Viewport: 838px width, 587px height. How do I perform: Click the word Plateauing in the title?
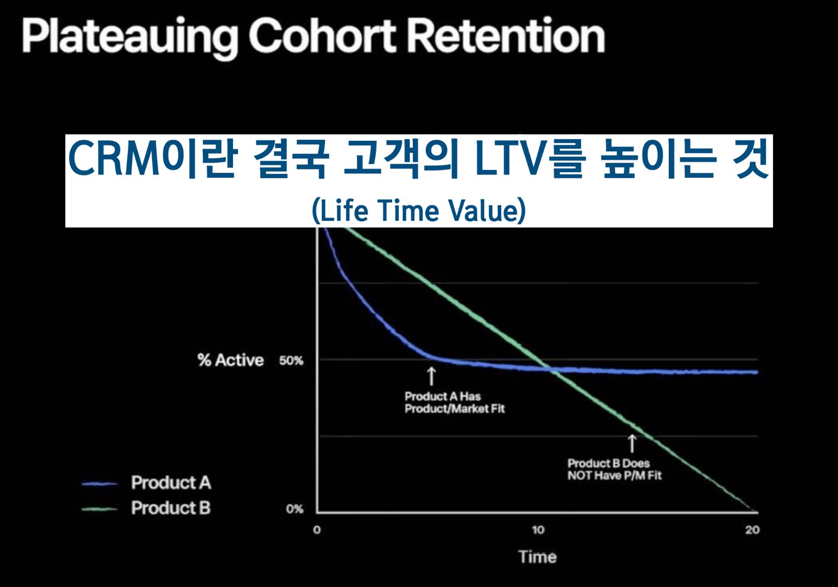click(x=130, y=37)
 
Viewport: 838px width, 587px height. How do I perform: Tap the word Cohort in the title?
click(x=322, y=36)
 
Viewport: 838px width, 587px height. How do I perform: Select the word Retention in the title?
click(x=506, y=36)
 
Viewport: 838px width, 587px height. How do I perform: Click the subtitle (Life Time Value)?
click(x=419, y=211)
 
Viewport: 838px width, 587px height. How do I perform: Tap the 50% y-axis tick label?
click(x=291, y=361)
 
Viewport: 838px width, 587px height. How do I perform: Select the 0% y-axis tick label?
click(x=295, y=509)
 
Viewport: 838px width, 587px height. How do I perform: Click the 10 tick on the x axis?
click(x=538, y=530)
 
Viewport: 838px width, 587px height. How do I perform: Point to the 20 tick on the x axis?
click(x=753, y=530)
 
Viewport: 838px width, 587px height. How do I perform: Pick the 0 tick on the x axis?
click(x=317, y=530)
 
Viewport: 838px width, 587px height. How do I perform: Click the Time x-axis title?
click(x=537, y=557)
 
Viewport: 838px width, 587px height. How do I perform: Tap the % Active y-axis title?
click(x=231, y=360)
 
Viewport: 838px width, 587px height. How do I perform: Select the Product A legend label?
click(x=171, y=482)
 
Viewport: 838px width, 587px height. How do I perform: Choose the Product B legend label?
click(x=171, y=508)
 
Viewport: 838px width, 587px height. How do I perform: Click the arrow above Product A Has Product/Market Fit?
click(x=431, y=376)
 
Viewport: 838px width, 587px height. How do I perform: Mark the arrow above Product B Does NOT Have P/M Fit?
click(x=632, y=444)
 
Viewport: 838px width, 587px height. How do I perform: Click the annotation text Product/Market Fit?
click(x=455, y=409)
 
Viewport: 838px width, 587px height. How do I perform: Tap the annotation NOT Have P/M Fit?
click(x=615, y=476)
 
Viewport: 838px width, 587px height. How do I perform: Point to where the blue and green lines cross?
click(x=552, y=370)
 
